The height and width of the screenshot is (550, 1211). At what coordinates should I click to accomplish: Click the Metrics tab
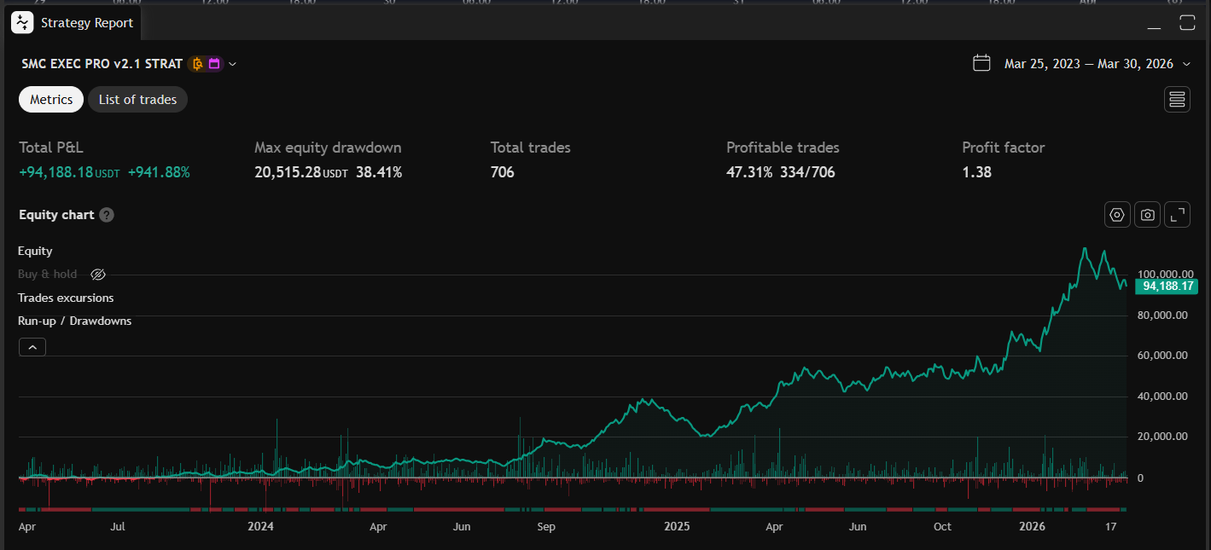tap(51, 100)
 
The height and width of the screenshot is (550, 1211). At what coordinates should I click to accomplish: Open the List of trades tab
tap(137, 100)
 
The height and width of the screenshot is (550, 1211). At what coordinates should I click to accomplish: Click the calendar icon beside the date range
tap(981, 63)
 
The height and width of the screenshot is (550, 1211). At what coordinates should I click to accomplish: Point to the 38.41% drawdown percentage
tap(379, 172)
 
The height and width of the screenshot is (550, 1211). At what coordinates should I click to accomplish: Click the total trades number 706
tap(502, 172)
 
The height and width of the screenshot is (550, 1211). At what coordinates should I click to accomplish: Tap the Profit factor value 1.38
tap(976, 172)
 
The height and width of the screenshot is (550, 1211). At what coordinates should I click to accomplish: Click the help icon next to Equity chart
tap(107, 215)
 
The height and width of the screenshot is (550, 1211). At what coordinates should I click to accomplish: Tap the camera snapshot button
tap(1147, 215)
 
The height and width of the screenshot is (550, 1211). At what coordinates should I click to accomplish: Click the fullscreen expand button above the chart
tap(1178, 215)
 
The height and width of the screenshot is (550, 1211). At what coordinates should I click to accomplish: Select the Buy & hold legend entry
tap(48, 275)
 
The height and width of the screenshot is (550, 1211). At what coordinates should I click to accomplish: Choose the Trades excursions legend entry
tap(66, 298)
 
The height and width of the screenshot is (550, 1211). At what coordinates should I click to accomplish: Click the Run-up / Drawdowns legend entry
tap(74, 321)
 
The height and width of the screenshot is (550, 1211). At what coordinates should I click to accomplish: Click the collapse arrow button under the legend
tap(32, 347)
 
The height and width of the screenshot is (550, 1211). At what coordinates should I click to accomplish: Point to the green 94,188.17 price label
tap(1166, 287)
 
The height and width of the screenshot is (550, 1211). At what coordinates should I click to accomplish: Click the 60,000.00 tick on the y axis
tap(1162, 356)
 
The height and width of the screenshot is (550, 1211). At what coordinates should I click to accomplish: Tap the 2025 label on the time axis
tap(677, 527)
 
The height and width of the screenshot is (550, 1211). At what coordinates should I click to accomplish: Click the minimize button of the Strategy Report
tap(1154, 24)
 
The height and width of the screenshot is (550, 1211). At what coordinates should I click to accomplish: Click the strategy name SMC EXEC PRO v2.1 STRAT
tap(102, 64)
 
